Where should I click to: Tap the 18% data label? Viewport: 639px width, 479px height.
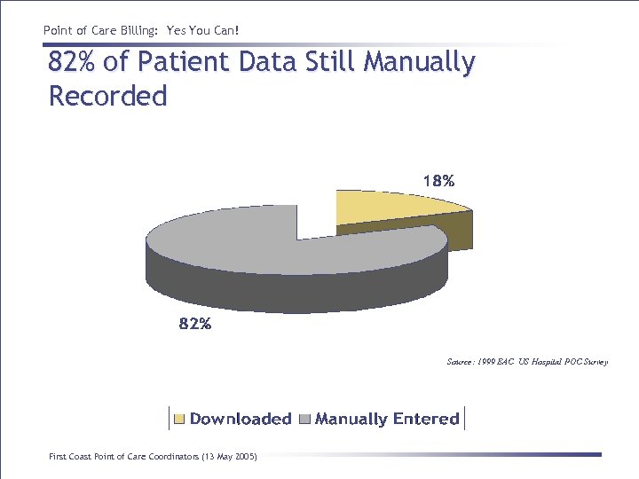438,181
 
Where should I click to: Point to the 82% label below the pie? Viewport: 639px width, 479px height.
195,324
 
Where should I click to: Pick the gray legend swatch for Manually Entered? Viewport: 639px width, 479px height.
305,419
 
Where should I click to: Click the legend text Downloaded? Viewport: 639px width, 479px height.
241,419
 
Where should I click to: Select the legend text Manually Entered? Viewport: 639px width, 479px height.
387,419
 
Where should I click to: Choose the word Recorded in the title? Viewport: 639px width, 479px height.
107,96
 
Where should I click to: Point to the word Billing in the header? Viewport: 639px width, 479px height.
134,31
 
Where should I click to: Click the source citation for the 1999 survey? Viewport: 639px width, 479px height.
527,362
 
